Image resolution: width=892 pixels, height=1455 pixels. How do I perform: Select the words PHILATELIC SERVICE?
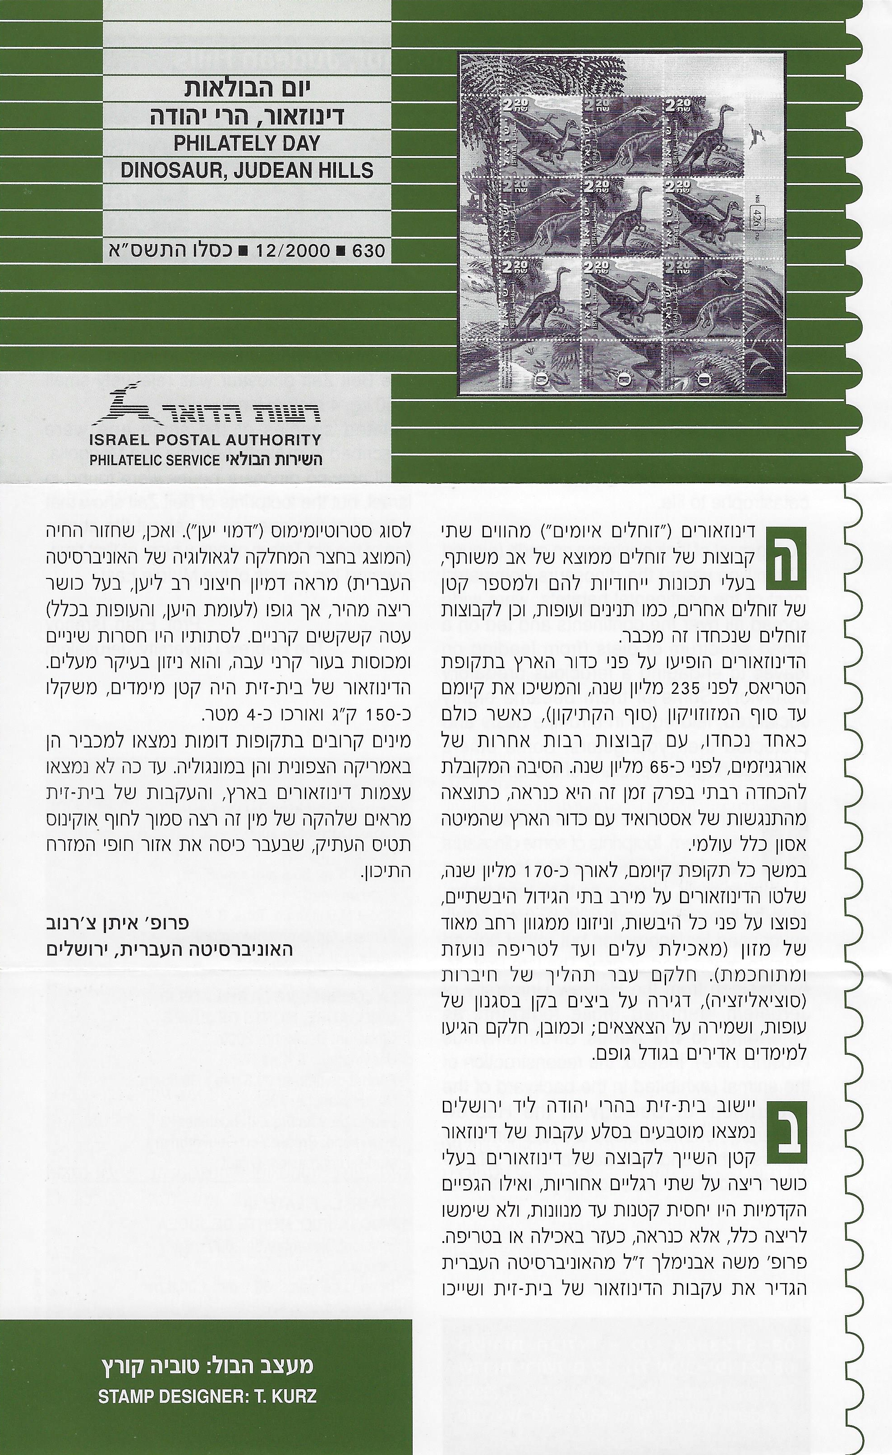(155, 461)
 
